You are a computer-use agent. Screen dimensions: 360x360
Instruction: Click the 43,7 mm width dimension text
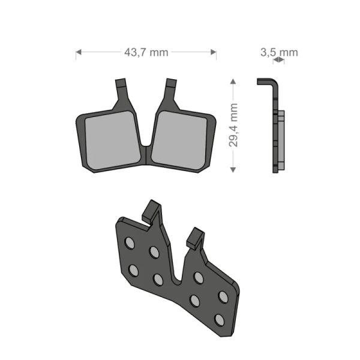click(146, 53)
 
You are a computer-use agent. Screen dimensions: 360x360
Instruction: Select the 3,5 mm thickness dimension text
click(278, 53)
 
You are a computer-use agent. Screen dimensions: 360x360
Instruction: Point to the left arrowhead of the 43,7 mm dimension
click(78, 53)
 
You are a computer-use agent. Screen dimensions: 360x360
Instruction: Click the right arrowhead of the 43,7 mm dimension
click(214, 53)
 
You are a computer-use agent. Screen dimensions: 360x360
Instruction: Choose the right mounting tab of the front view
click(171, 90)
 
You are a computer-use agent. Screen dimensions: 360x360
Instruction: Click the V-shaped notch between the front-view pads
click(146, 144)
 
